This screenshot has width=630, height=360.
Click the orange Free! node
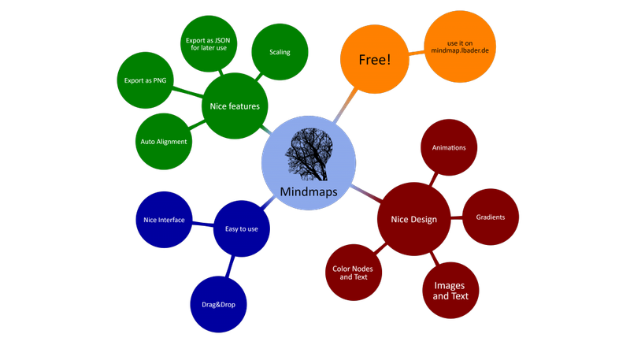[x=375, y=60]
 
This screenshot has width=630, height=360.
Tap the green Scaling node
[x=280, y=53]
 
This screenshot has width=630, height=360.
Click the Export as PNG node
[x=145, y=80]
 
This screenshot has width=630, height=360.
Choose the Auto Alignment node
[x=164, y=142]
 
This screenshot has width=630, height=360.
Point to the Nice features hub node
[x=235, y=105]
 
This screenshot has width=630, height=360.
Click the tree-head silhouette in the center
[x=308, y=154]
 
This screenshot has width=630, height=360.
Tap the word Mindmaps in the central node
[x=308, y=191]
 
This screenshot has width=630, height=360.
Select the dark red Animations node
[x=449, y=147]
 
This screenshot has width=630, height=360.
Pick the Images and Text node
[x=450, y=291]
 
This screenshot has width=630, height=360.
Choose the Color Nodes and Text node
[x=352, y=273]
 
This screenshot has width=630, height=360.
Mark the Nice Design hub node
[x=413, y=219]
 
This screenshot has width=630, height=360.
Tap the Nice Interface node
[x=159, y=220]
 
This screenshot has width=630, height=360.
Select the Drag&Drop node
[x=218, y=304]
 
